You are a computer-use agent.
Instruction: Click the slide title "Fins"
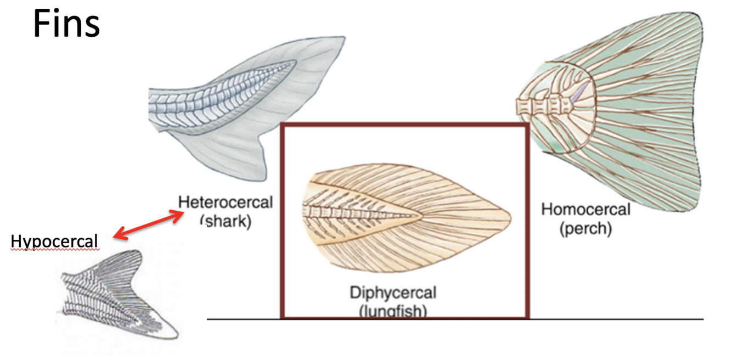(66, 24)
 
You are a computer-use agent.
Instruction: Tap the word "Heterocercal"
(225, 202)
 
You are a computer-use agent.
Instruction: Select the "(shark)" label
(225, 221)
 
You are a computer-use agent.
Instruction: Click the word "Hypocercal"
(54, 241)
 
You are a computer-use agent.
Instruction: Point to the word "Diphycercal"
(393, 292)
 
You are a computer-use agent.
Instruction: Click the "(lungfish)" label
(393, 311)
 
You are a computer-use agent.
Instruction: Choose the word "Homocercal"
(585, 209)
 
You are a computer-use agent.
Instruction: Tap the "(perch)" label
(585, 228)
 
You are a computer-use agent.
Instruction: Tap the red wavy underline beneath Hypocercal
(54, 250)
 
